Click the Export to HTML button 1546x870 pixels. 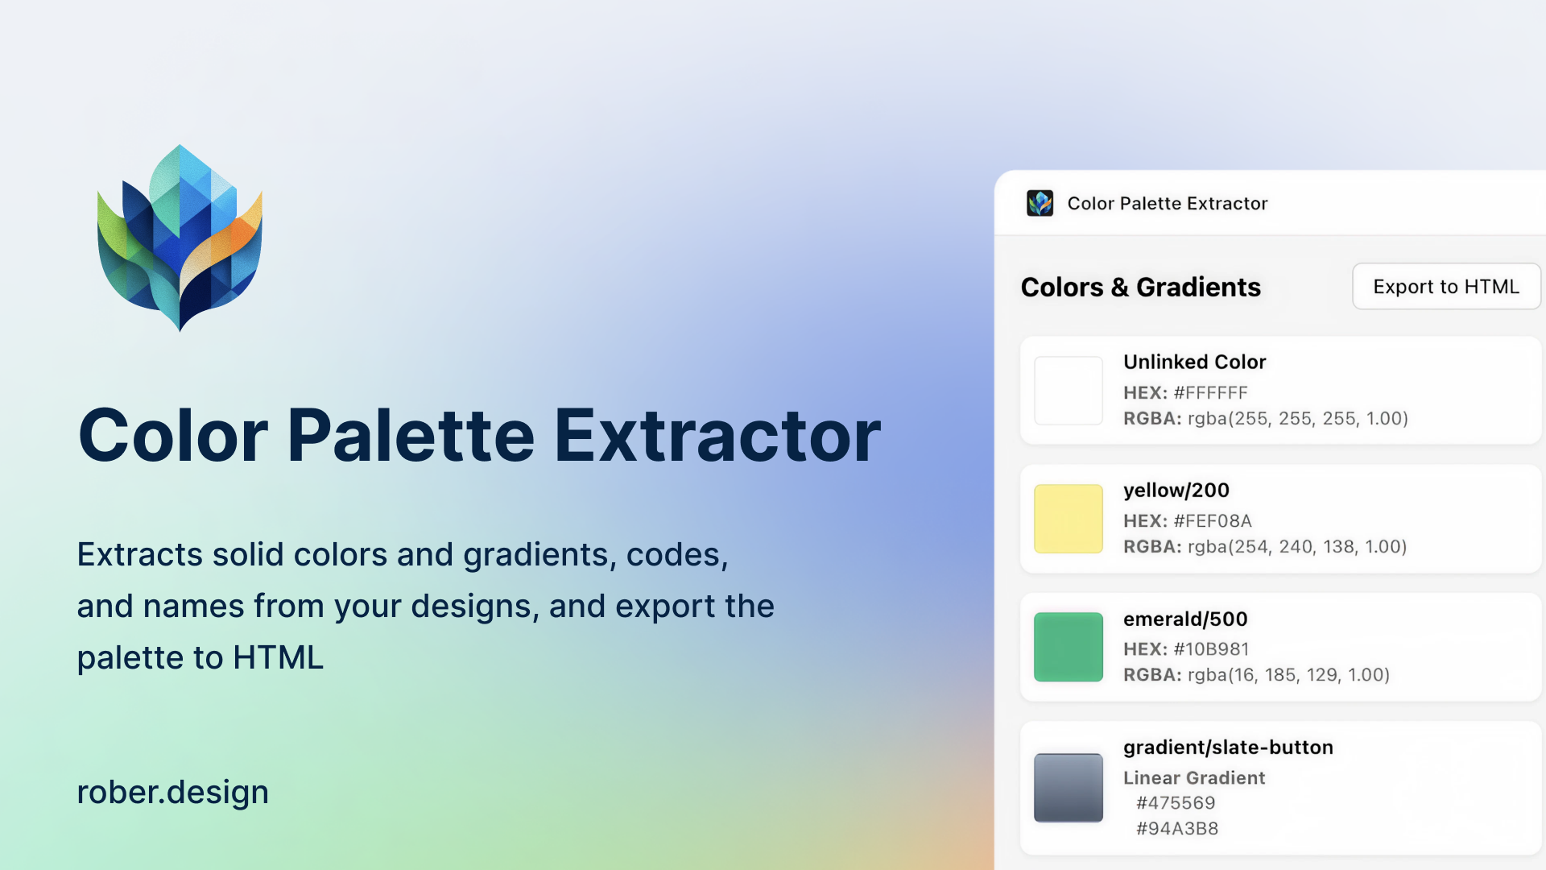point(1446,286)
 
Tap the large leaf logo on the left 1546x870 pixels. point(180,238)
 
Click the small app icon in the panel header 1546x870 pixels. point(1040,203)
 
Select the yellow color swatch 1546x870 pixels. point(1069,519)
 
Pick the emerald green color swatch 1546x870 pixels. point(1069,647)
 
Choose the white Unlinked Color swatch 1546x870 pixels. point(1069,391)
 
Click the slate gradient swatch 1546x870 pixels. point(1069,788)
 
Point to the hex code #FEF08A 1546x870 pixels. point(1213,521)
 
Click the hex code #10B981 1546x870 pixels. point(1211,649)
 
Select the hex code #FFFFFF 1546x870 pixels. point(1210,393)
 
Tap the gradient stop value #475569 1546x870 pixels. point(1176,803)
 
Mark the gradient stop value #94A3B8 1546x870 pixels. point(1177,829)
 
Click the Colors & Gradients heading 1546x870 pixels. point(1141,287)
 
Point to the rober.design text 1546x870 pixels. point(173,793)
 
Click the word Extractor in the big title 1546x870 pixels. point(717,436)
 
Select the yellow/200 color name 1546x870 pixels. point(1176,491)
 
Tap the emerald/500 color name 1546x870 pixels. point(1185,619)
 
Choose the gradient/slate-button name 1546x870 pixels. point(1228,748)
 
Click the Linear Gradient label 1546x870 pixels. point(1194,778)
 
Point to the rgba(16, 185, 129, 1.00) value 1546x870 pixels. point(1289,675)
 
